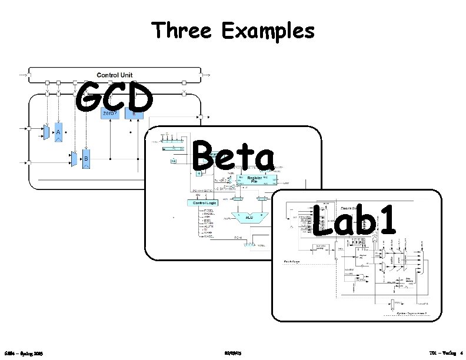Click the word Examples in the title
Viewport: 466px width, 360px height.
tap(268, 31)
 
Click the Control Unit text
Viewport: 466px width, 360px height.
tap(115, 75)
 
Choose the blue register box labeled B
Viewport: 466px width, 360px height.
tap(86, 158)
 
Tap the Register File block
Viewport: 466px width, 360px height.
tap(254, 179)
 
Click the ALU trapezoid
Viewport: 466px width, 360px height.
tap(251, 218)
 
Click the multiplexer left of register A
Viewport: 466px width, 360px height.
tap(47, 132)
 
